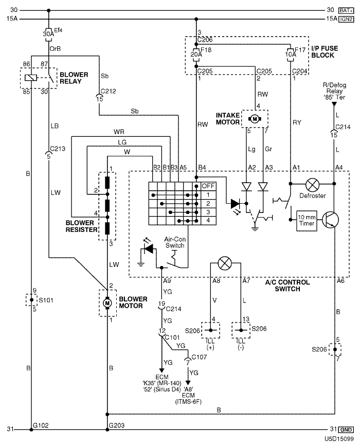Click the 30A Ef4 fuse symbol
[48, 34]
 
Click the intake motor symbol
[255, 119]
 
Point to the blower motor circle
[107, 303]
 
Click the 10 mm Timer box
[307, 221]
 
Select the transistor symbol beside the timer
[331, 220]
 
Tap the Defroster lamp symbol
[312, 185]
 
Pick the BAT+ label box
[346, 11]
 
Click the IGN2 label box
[346, 19]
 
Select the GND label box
[346, 429]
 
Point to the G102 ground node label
[41, 425]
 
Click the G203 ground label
[117, 425]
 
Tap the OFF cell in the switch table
[208, 186]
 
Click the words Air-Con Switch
[175, 242]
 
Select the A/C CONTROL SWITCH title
[287, 285]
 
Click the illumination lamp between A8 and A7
[225, 263]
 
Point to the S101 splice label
[46, 300]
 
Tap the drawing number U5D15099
[339, 439]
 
